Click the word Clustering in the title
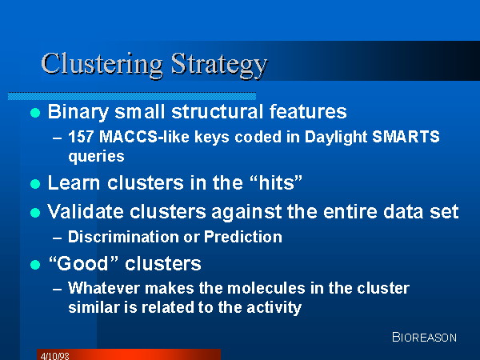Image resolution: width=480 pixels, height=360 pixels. pyautogui.click(x=102, y=64)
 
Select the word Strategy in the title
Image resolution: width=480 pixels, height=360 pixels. pyautogui.click(x=219, y=65)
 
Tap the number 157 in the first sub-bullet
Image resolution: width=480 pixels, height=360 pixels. pyautogui.click(x=81, y=137)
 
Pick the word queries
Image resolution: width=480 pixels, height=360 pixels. pyautogui.click(x=97, y=157)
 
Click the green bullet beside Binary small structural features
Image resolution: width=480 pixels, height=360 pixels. pyautogui.click(x=35, y=113)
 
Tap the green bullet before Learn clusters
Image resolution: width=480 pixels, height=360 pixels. pyautogui.click(x=35, y=184)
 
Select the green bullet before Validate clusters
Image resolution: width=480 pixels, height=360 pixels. pyautogui.click(x=35, y=213)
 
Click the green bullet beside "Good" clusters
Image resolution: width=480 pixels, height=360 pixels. pyautogui.click(x=35, y=265)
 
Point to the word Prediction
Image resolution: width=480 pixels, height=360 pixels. pyautogui.click(x=243, y=237)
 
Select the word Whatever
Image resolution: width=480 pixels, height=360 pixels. pyautogui.click(x=104, y=288)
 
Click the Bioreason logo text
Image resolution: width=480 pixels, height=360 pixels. pyautogui.click(x=424, y=337)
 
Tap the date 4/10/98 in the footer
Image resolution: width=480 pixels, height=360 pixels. pyautogui.click(x=54, y=356)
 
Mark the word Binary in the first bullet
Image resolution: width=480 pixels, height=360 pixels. pyautogui.click(x=78, y=112)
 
